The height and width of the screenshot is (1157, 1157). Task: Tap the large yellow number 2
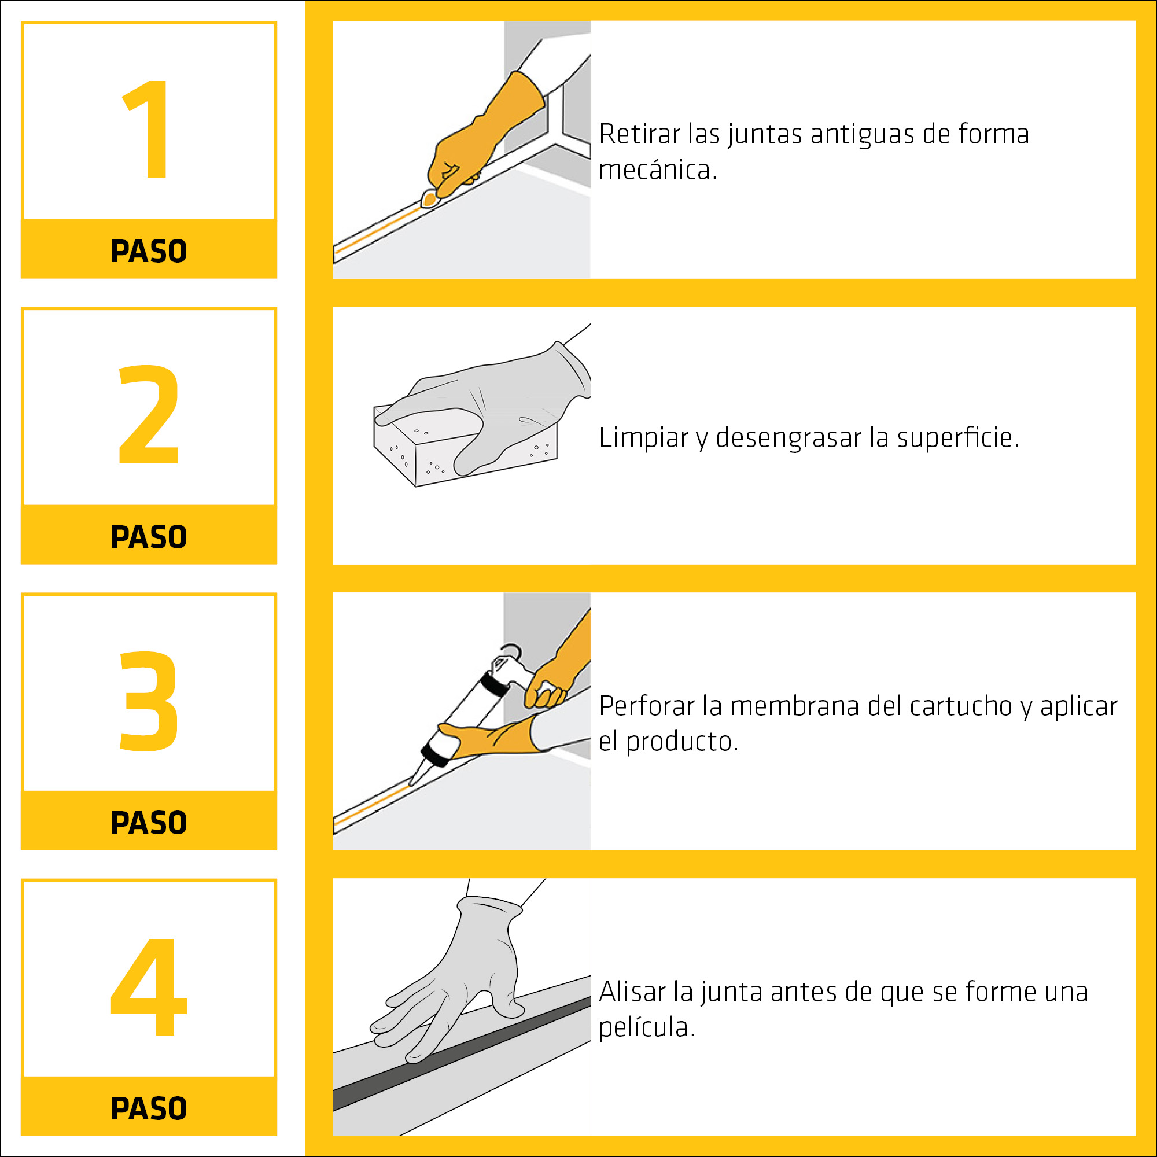click(149, 414)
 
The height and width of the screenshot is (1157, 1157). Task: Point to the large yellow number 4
click(149, 986)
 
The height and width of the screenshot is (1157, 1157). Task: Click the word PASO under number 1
click(149, 251)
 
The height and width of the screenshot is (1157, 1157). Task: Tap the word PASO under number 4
click(149, 1108)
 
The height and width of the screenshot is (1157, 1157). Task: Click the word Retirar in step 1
click(640, 134)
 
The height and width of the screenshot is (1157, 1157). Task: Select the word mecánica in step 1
click(658, 170)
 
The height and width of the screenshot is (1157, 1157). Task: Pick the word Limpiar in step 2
click(644, 437)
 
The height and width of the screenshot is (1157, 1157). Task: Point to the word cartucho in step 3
click(960, 705)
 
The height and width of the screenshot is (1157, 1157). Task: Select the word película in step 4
click(647, 1027)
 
